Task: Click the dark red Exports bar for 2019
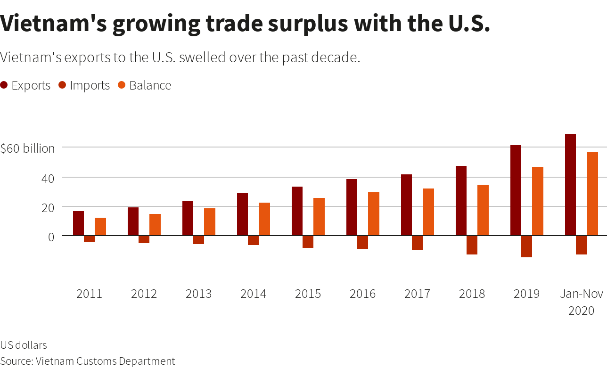point(516,190)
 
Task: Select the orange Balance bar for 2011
point(100,227)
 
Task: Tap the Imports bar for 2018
point(472,245)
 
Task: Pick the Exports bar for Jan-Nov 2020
point(570,185)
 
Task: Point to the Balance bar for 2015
point(319,217)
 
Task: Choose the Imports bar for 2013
point(198,240)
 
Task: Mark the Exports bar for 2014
point(242,214)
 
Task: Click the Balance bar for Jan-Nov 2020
point(592,194)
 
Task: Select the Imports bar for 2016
point(362,242)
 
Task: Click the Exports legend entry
point(26,85)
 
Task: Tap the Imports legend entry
point(84,85)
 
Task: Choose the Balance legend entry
point(144,85)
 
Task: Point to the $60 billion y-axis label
point(27,148)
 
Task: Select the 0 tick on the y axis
point(51,237)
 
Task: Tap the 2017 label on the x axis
point(417,294)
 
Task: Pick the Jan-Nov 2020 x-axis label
point(581,302)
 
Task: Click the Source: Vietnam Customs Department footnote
point(88,361)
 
